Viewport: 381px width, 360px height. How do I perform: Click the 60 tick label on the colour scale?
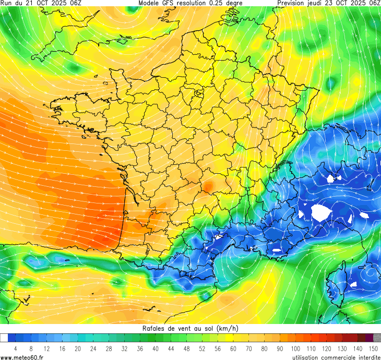233,349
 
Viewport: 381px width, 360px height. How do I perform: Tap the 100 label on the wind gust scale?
295,349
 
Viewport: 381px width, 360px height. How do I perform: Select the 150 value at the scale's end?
373,349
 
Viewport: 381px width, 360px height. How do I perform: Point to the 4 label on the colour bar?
16,349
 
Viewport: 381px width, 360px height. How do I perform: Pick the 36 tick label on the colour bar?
140,349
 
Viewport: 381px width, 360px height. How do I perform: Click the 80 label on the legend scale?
265,349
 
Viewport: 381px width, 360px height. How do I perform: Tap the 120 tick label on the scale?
327,349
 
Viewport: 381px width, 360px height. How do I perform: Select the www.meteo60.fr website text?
22,357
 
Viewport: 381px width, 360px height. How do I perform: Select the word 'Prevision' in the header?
294,3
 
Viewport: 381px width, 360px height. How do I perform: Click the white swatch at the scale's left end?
4,338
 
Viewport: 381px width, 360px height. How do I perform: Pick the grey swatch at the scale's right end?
377,338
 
